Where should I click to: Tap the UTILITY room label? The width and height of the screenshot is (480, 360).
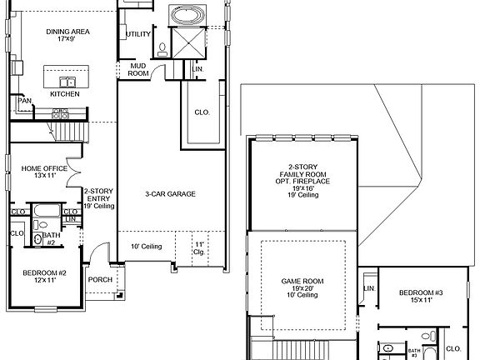(x=138, y=34)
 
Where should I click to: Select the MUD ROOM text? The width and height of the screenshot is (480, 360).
(x=137, y=69)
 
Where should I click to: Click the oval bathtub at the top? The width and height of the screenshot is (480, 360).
(x=183, y=15)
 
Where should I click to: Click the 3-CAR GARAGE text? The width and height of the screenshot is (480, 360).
(x=170, y=193)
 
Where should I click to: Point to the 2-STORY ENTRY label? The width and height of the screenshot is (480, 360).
(x=98, y=199)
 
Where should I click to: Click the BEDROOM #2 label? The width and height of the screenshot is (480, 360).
(x=43, y=277)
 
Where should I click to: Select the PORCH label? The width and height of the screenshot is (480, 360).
(x=101, y=279)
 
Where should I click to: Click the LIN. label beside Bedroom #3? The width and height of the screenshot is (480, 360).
(x=369, y=288)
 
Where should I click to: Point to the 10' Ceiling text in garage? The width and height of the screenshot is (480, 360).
(x=147, y=246)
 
